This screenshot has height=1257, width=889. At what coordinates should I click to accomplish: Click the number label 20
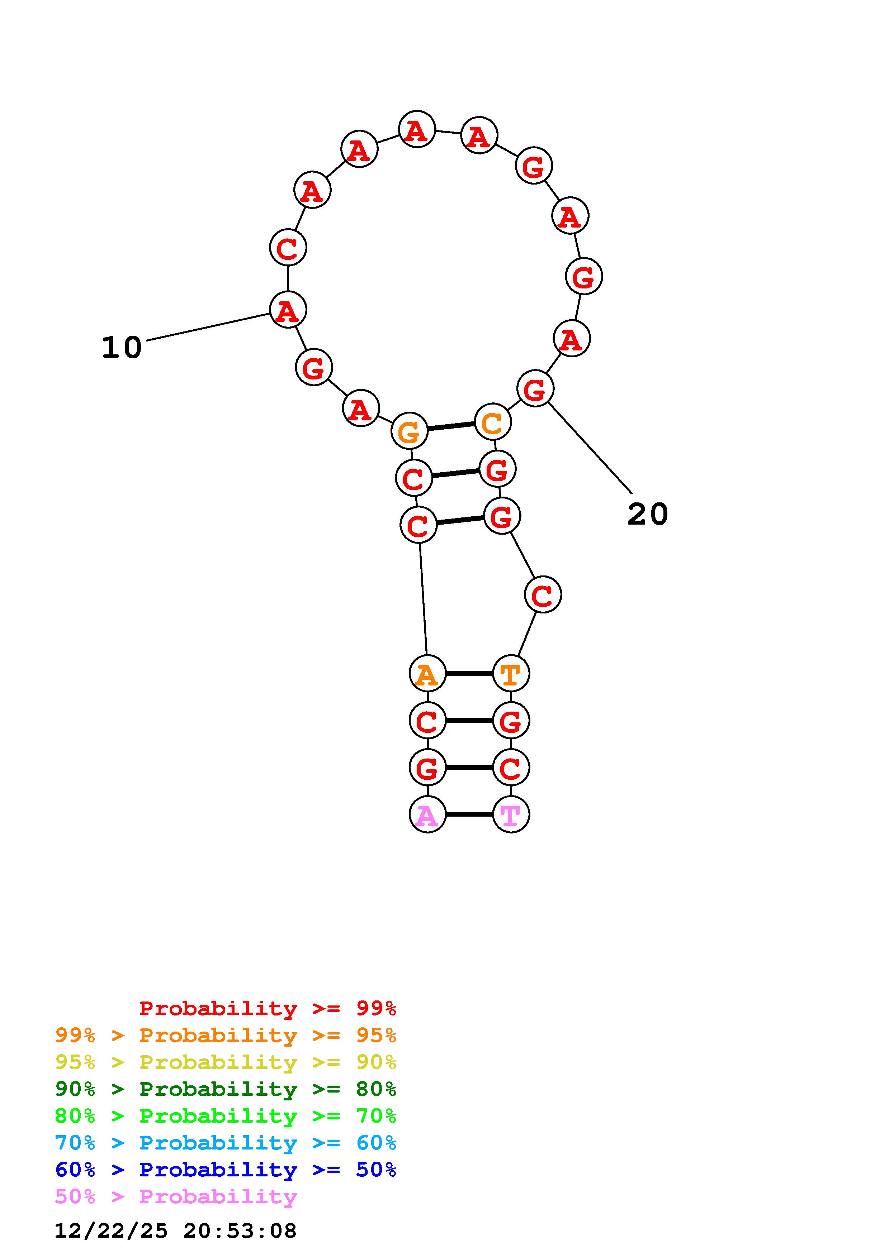647,514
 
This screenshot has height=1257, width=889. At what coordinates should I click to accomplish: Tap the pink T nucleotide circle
511,814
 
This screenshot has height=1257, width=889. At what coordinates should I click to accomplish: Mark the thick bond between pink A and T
469,814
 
